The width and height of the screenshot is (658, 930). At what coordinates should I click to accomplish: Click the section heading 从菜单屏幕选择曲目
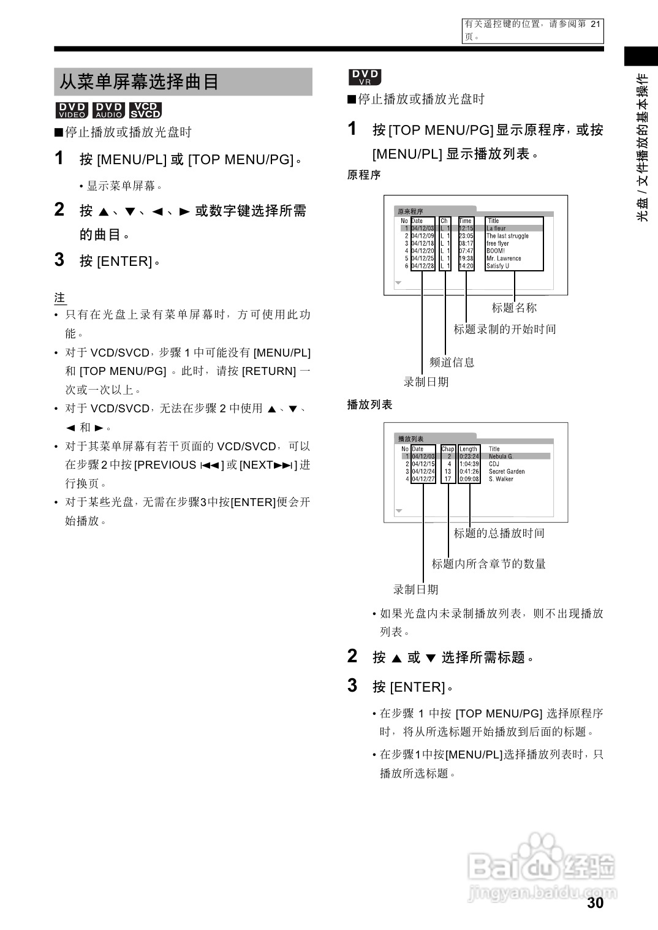coord(139,82)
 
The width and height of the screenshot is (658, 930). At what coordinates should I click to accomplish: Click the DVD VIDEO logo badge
coord(72,110)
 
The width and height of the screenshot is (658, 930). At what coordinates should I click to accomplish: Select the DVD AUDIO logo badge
coord(108,110)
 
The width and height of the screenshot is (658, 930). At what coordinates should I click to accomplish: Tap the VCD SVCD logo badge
coord(145,110)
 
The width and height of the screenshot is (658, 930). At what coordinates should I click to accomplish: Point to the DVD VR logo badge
coord(365,77)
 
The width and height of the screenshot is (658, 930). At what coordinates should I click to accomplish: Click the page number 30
coord(595,903)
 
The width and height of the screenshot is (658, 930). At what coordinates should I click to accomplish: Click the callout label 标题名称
coord(514,308)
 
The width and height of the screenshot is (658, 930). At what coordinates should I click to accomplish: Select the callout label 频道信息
coord(452,362)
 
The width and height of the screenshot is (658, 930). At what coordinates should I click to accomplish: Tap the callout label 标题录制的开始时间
coord(505,329)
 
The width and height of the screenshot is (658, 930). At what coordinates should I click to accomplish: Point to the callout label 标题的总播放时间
coord(499,533)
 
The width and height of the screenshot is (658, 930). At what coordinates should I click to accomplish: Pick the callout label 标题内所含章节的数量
coord(488,564)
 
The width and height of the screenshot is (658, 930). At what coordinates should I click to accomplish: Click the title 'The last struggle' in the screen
coord(507,236)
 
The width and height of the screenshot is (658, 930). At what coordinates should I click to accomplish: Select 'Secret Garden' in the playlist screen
coord(507,472)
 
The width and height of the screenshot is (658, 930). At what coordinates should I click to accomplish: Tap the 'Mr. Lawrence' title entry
coord(504,259)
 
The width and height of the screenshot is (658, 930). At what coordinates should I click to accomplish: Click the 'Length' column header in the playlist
coord(468,449)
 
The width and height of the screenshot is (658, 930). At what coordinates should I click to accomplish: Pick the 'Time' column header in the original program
coord(466,221)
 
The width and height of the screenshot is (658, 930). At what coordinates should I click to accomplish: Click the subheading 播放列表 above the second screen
coord(369,404)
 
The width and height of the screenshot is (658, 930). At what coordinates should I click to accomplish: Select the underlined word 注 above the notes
coord(59,298)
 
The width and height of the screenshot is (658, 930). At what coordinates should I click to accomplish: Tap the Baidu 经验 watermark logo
coord(542,868)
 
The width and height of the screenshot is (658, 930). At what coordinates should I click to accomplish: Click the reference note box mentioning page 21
coord(532,31)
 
